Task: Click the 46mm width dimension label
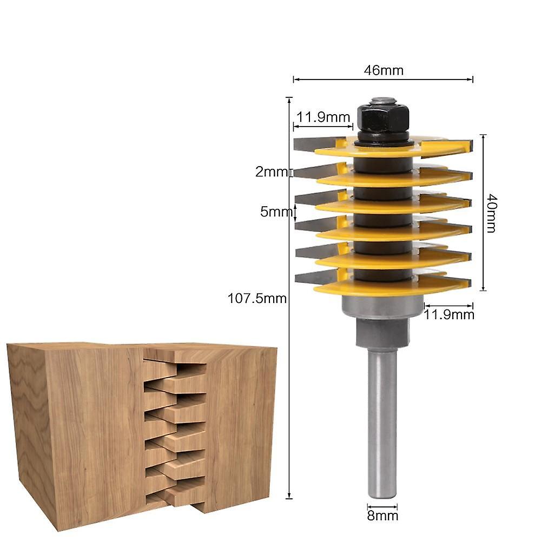[383, 70]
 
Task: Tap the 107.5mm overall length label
[258, 298]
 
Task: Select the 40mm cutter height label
[491, 213]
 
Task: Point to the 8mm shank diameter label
[382, 516]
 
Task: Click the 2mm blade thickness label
[272, 172]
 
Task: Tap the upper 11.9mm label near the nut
[323, 116]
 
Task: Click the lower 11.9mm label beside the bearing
[448, 314]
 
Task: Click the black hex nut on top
[382, 115]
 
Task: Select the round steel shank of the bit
[382, 422]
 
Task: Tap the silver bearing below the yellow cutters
[382, 308]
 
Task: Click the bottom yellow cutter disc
[390, 287]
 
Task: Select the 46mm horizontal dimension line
[383, 80]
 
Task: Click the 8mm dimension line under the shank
[382, 507]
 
